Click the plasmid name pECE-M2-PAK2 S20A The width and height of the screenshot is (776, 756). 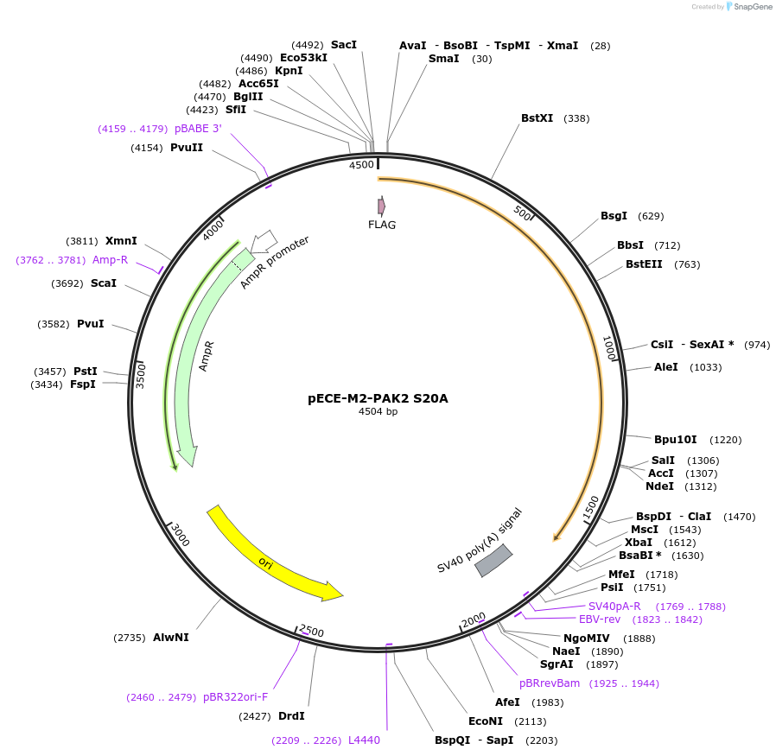[x=378, y=398]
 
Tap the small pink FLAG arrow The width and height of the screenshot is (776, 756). [x=381, y=206]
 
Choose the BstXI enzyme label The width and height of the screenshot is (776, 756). [x=537, y=118]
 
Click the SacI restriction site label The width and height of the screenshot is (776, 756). [x=343, y=44]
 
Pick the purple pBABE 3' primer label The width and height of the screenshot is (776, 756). [x=198, y=129]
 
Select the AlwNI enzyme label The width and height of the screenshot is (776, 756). [x=170, y=638]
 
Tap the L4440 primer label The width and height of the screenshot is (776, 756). [x=364, y=740]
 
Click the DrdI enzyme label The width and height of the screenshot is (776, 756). [x=291, y=715]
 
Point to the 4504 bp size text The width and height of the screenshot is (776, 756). [x=378, y=411]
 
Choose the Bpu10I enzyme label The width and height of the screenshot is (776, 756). [x=675, y=440]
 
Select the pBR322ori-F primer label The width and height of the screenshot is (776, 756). [x=235, y=697]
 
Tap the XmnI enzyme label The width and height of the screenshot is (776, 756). [x=121, y=241]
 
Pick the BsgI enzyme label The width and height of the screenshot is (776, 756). [x=614, y=216]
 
